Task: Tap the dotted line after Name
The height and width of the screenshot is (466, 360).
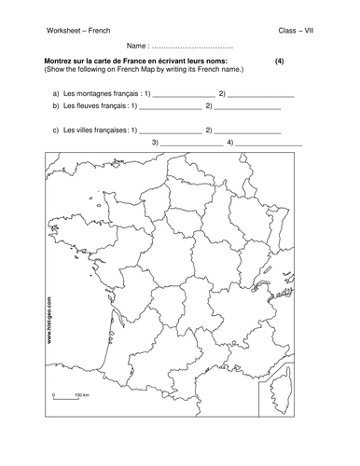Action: pyautogui.click(x=191, y=46)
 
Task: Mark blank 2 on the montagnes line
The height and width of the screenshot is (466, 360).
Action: pyautogui.click(x=260, y=95)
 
